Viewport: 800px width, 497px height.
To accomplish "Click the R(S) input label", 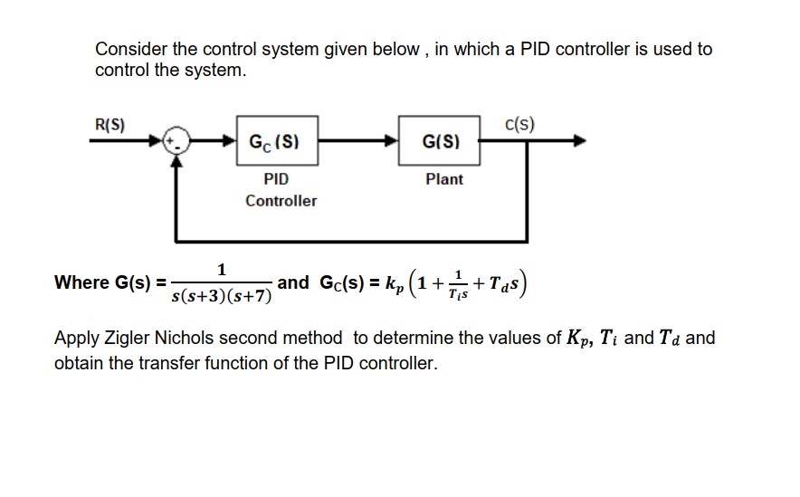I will pos(110,124).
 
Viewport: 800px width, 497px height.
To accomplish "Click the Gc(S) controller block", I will pos(277,140).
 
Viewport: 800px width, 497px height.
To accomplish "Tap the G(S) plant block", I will pos(439,140).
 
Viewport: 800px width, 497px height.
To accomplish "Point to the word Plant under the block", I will pos(443,179).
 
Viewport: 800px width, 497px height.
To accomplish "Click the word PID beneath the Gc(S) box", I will pos(276,179).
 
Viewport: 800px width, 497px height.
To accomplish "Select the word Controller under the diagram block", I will pos(281,201).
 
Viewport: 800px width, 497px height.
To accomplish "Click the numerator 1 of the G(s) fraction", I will pos(222,269).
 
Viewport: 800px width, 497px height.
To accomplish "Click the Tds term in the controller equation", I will pos(509,283).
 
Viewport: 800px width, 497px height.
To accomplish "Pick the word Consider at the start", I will pos(129,50).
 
